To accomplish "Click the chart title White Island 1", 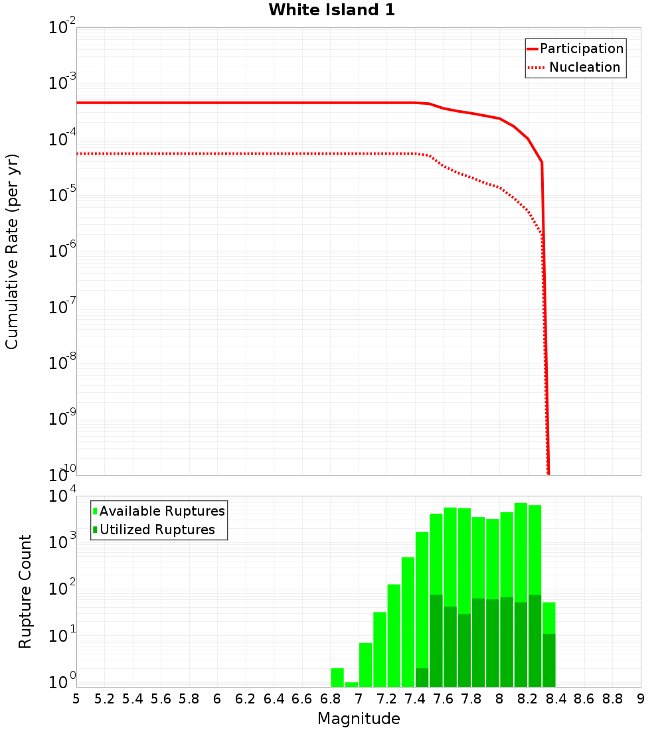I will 331,10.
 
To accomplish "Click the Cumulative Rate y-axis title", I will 12,251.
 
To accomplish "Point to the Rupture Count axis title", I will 25,591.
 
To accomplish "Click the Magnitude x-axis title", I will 359,719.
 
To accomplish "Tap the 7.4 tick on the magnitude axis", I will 415,699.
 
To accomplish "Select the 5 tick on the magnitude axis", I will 76,699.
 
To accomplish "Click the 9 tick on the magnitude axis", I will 641,699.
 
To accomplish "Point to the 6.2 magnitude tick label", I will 246,699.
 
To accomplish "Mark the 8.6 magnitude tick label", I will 584,699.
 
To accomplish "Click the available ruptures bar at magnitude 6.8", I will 337,678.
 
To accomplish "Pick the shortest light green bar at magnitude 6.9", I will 351,684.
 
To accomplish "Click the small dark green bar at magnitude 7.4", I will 422,678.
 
